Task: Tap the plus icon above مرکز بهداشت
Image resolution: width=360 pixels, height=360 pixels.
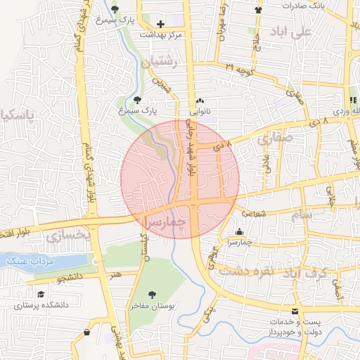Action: click(x=161, y=24)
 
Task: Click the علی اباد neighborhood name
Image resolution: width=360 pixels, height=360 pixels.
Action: click(x=294, y=32)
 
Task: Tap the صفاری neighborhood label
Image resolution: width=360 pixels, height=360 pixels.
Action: click(x=274, y=139)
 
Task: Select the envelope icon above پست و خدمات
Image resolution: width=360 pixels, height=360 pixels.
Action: click(x=294, y=311)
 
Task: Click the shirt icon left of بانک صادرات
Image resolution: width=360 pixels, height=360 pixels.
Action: click(x=258, y=10)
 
